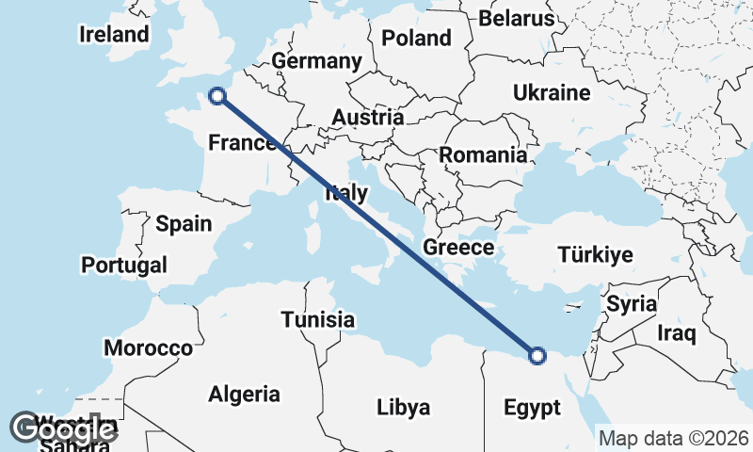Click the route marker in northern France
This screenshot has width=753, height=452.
[217, 95]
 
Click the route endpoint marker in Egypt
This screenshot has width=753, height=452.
[537, 355]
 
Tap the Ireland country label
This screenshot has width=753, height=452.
[114, 35]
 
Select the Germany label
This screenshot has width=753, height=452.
[316, 61]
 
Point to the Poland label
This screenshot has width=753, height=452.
[416, 39]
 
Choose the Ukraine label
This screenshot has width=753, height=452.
[552, 92]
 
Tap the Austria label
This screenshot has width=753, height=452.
[368, 118]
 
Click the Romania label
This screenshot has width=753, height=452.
[484, 154]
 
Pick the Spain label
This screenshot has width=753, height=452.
[184, 224]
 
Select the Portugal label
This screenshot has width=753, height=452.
[124, 265]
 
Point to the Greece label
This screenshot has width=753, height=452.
[458, 248]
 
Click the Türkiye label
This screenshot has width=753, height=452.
[595, 255]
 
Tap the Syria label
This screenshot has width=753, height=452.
[631, 304]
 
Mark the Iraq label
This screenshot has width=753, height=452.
[676, 332]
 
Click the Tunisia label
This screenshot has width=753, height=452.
[318, 319]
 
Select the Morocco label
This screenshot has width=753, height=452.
[148, 347]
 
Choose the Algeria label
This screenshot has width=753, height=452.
[244, 394]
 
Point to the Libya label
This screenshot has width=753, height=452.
[403, 408]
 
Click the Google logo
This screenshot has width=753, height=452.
[64, 430]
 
